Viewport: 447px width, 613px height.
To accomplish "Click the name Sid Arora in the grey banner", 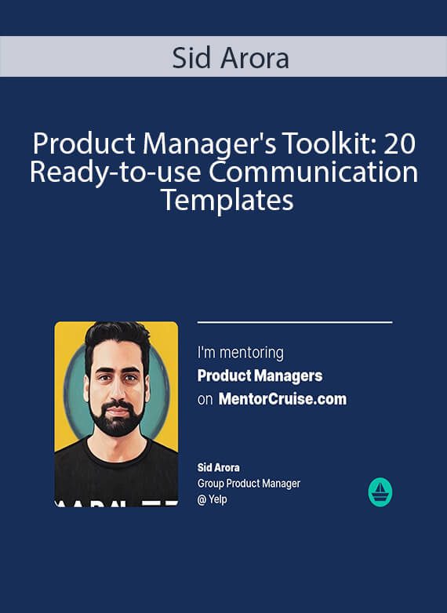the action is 231,58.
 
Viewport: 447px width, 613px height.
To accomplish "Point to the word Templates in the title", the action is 227,201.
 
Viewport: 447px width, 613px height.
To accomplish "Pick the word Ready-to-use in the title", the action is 116,172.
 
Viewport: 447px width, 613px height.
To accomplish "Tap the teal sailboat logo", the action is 380,492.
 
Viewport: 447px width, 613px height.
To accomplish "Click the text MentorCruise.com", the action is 282,399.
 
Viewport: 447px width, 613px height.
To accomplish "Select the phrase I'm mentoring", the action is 241,353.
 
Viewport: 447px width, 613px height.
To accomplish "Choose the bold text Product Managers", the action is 260,375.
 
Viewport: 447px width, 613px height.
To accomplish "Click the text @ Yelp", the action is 212,499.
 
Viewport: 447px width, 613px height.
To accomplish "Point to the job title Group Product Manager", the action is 249,484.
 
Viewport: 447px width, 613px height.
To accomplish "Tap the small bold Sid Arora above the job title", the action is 219,467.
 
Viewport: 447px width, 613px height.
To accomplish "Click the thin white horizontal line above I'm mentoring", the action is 295,322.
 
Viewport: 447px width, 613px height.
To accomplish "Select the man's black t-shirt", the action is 116,475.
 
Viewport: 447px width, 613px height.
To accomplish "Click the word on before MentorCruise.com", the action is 205,400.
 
